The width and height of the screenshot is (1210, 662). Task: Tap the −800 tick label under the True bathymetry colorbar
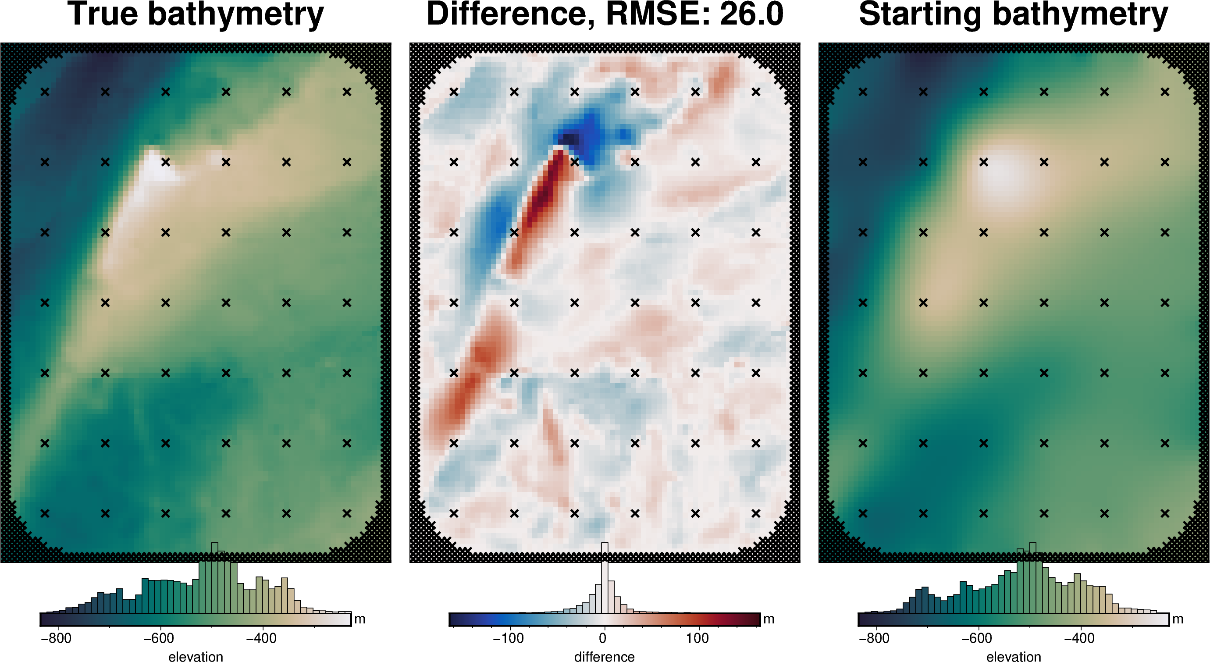click(56, 638)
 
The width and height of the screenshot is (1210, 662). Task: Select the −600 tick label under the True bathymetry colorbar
click(159, 638)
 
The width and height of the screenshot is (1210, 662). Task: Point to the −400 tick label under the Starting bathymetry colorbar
click(1079, 638)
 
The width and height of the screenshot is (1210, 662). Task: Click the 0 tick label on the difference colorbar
click(603, 638)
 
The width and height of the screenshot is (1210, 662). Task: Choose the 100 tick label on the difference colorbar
click(697, 638)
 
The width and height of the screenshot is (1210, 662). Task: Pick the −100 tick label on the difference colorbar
click(508, 638)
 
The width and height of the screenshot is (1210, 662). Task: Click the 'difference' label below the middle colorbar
click(604, 656)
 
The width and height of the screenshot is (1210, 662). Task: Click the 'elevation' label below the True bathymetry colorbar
click(196, 656)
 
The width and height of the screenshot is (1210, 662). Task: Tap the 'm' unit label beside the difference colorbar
click(769, 619)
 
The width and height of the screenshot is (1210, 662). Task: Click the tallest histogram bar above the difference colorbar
click(605, 578)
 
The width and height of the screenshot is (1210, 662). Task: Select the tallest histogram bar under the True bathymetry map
click(215, 578)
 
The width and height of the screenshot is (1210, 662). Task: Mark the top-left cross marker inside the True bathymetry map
click(45, 92)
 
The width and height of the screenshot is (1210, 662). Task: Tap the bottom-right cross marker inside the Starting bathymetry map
click(1164, 513)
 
